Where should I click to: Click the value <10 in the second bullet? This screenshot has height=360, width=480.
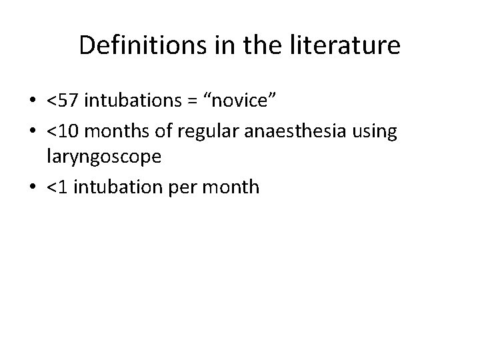click(61, 132)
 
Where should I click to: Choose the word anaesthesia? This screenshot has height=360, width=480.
click(289, 132)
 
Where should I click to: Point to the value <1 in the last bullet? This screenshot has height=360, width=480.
click(56, 187)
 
